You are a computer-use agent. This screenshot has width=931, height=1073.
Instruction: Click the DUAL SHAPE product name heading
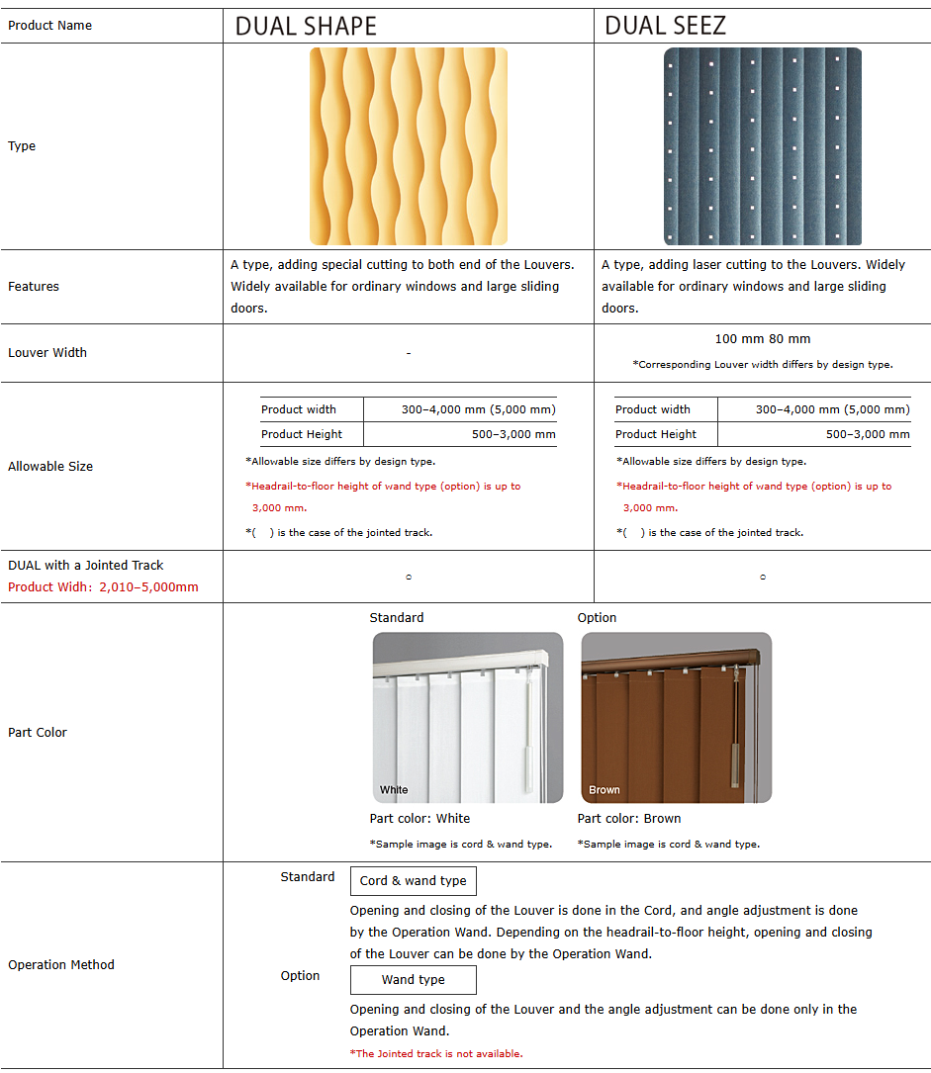click(306, 26)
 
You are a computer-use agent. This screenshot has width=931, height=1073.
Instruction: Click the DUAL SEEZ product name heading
click(666, 26)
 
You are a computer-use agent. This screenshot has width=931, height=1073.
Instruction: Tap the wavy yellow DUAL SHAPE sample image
click(409, 146)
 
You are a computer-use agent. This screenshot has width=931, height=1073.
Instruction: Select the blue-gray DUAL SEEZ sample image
click(762, 146)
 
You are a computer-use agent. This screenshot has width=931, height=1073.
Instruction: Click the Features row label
click(34, 287)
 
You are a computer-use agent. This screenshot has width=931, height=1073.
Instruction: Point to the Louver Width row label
click(47, 353)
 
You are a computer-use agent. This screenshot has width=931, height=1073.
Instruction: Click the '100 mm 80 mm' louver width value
click(762, 339)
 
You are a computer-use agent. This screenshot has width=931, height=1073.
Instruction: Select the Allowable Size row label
click(50, 467)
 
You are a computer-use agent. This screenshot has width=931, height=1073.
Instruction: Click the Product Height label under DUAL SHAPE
click(302, 434)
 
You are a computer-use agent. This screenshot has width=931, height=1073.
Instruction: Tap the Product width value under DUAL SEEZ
click(832, 409)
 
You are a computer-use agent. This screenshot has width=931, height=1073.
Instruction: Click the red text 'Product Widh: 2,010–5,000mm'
click(103, 587)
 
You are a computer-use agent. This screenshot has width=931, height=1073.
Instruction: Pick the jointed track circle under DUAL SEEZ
click(763, 578)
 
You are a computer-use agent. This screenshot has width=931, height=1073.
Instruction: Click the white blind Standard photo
click(468, 718)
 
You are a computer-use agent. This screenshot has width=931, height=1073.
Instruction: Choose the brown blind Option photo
click(676, 718)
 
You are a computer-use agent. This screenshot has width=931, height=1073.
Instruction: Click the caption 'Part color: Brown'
click(629, 819)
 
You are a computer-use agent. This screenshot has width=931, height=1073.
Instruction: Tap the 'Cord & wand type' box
click(413, 881)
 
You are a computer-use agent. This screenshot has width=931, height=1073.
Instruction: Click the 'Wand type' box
click(413, 980)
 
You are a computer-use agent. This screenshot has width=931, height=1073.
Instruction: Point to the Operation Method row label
click(61, 965)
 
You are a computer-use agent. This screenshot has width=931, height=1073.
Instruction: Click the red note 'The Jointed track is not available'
click(436, 1054)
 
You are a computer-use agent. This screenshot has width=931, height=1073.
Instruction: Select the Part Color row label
click(38, 733)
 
